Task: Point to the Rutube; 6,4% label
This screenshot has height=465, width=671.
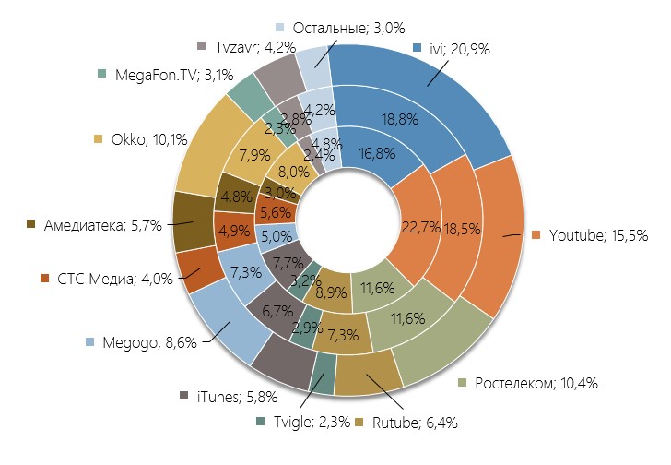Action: pyautogui.click(x=413, y=423)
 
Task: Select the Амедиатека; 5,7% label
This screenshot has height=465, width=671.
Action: pyautogui.click(x=98, y=224)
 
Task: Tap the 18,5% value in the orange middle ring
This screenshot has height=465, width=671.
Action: pyautogui.click(x=460, y=228)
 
